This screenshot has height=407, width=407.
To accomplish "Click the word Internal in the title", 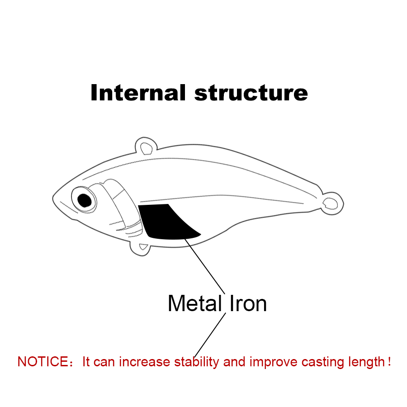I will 137,92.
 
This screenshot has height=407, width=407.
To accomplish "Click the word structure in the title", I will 251,93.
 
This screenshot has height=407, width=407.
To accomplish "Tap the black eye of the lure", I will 84,199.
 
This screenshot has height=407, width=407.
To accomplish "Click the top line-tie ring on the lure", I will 146,147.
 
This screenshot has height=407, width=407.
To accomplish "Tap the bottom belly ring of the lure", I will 143,247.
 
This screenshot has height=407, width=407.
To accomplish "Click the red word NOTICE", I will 42,362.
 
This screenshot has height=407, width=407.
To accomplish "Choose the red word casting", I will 322,362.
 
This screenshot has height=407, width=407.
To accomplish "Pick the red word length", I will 366,362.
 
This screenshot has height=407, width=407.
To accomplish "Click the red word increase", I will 145,362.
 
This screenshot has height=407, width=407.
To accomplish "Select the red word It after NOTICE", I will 86,362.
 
